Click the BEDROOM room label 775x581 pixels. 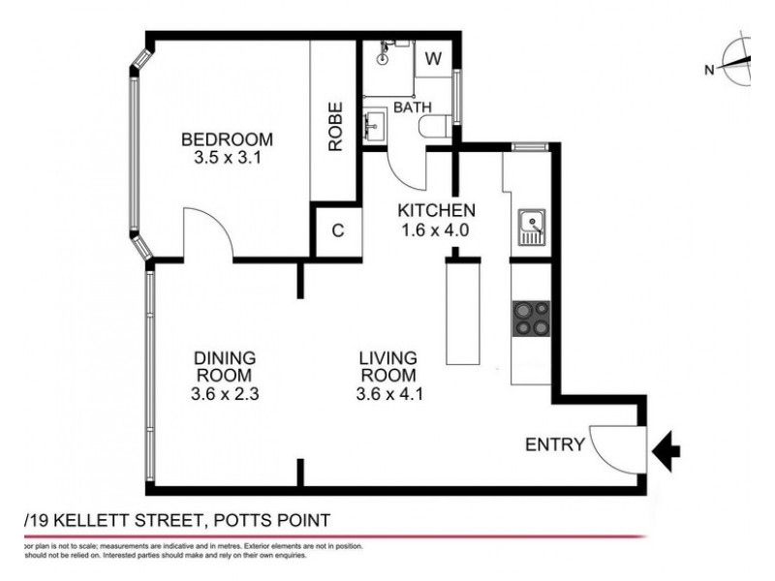[228, 138]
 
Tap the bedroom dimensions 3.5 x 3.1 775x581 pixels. [228, 157]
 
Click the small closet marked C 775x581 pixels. [337, 230]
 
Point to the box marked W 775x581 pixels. [434, 58]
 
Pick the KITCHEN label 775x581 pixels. [436, 210]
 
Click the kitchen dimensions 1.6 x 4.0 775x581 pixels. [436, 230]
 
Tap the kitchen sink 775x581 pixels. [531, 229]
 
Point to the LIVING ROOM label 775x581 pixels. [388, 365]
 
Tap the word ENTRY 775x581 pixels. [554, 445]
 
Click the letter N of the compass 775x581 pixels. [709, 68]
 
